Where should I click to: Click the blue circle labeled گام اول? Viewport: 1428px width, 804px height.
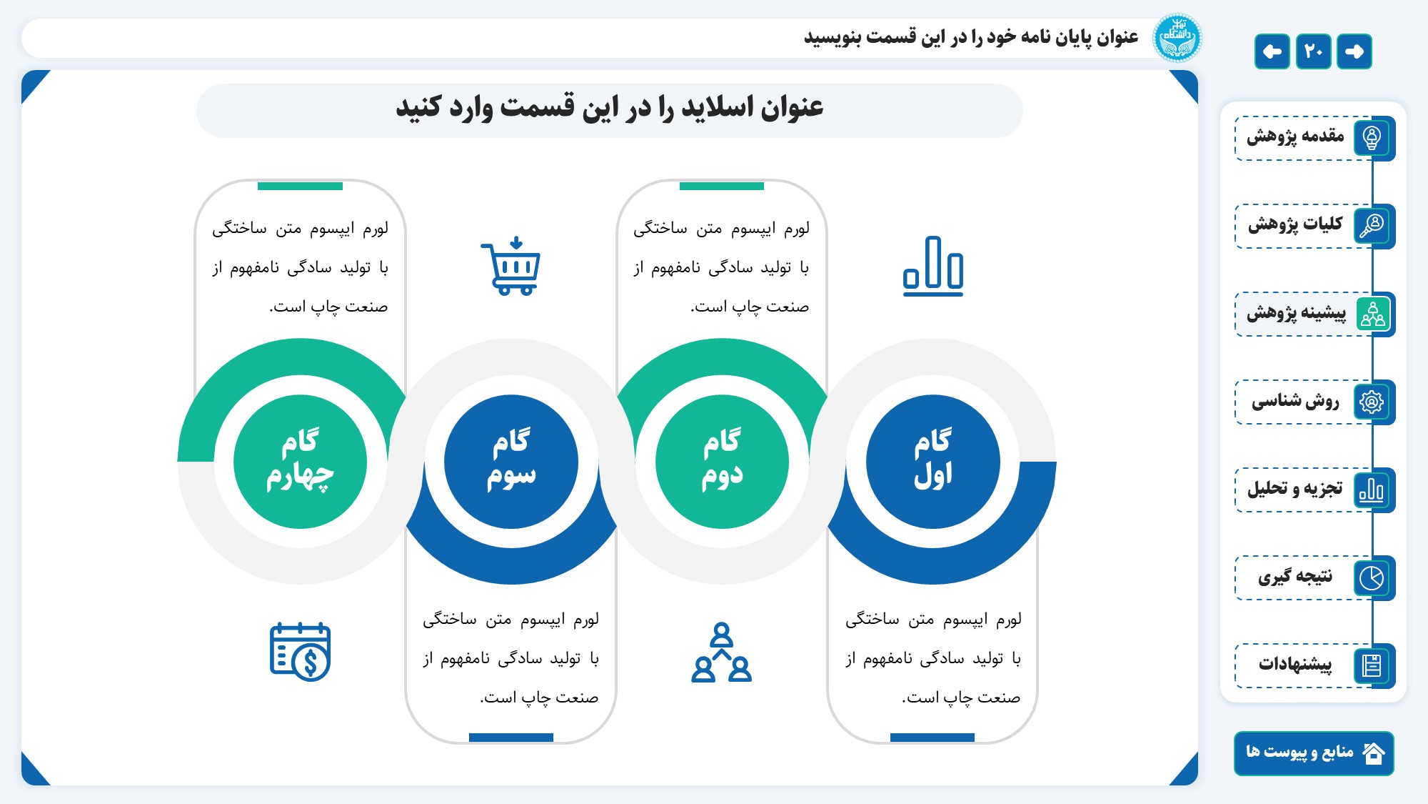tap(932, 462)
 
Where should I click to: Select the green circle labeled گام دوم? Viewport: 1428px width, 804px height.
tap(722, 462)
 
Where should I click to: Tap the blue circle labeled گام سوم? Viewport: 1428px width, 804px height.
tap(511, 462)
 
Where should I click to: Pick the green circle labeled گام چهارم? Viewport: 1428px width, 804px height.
tap(300, 462)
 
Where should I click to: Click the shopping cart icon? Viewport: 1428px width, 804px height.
tap(511, 266)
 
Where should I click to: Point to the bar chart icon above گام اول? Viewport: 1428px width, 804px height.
tap(932, 266)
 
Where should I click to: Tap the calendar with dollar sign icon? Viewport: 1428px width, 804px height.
tap(300, 651)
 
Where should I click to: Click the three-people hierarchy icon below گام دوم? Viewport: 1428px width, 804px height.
tap(722, 651)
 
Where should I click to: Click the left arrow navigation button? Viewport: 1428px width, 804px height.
tap(1272, 51)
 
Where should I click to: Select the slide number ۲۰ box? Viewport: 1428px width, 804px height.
tap(1314, 51)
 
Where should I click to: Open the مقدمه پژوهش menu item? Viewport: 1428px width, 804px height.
tap(1314, 138)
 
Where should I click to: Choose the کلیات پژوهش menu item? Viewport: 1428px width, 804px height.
tap(1314, 226)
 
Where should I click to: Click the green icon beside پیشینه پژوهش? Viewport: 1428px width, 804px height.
tap(1372, 314)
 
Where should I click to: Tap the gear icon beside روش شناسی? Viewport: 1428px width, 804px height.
tap(1372, 402)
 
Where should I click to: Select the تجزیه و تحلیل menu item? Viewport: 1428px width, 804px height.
tap(1314, 490)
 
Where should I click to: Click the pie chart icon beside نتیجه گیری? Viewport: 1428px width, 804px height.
tap(1372, 577)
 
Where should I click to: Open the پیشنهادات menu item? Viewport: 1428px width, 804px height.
tap(1314, 665)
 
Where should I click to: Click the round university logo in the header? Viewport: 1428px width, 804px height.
tap(1177, 38)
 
